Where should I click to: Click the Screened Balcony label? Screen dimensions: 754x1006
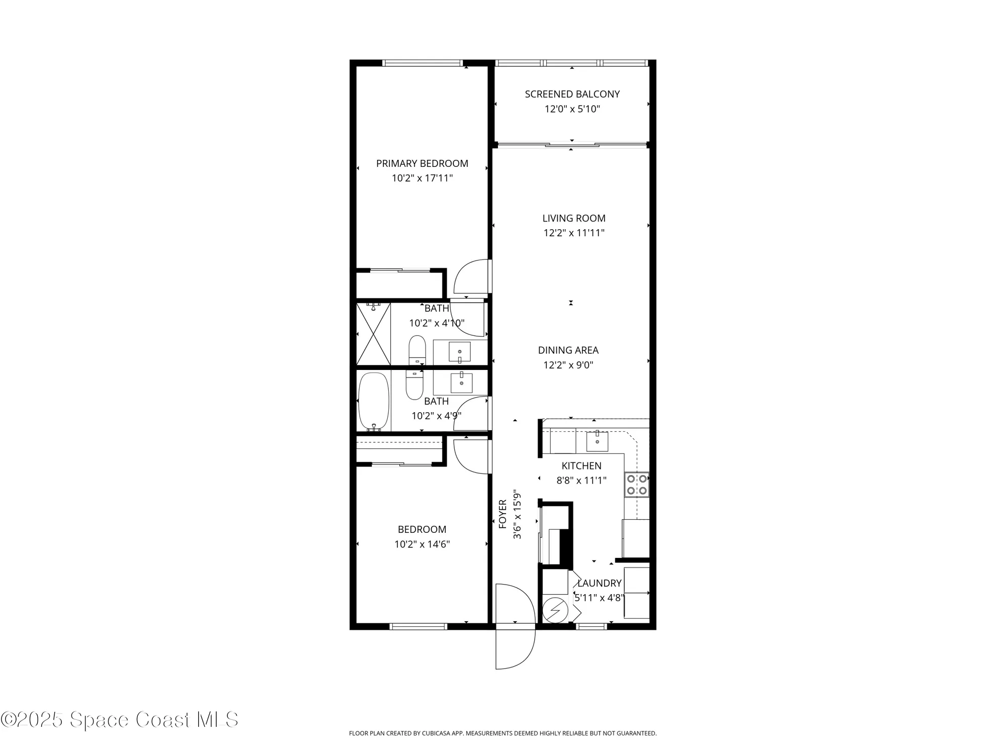click(572, 94)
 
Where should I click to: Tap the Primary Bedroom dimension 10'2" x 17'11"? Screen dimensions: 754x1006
click(422, 178)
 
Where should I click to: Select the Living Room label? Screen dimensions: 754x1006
click(573, 218)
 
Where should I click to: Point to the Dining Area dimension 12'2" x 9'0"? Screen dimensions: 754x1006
click(568, 365)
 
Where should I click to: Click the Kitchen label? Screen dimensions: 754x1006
click(581, 466)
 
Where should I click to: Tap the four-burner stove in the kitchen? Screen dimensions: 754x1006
click(636, 485)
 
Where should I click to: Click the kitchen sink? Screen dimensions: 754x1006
click(597, 441)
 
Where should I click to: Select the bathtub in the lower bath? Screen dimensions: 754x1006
click(374, 401)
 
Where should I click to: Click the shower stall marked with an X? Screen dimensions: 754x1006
click(373, 334)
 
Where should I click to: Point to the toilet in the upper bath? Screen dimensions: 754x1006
click(417, 349)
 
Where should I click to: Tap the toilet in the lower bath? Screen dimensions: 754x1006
click(414, 386)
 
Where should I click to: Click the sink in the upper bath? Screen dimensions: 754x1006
click(459, 352)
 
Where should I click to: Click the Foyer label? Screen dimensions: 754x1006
click(502, 514)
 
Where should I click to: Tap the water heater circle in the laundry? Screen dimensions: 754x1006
click(555, 610)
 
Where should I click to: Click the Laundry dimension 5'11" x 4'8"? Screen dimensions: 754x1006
click(599, 598)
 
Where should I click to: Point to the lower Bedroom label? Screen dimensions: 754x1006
click(422, 529)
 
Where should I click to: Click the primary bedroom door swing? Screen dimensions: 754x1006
click(471, 277)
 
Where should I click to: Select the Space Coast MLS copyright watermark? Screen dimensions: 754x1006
click(119, 720)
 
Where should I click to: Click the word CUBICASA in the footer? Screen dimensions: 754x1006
click(437, 733)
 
